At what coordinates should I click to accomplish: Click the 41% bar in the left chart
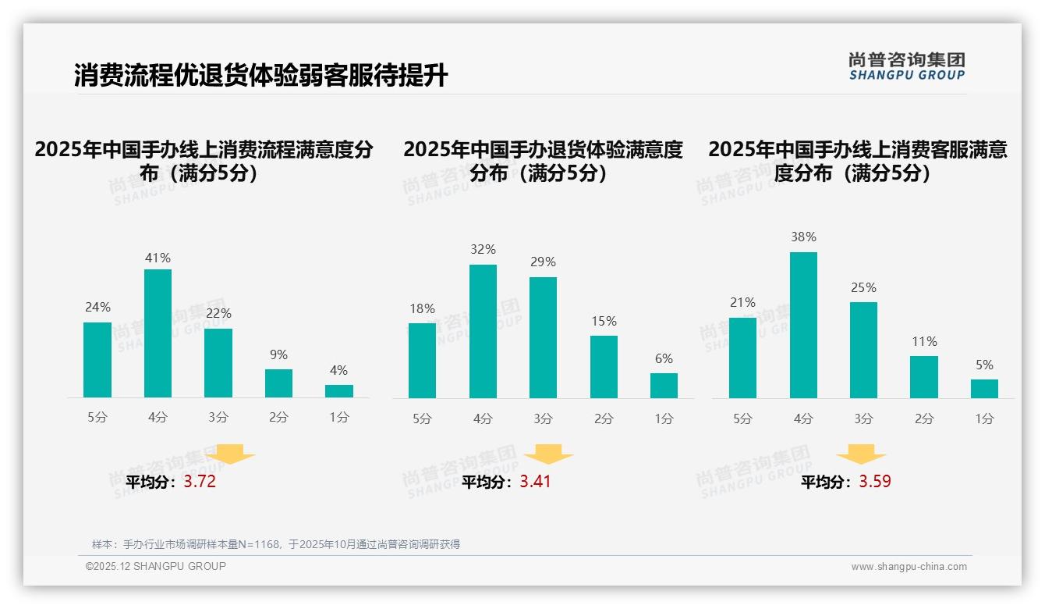coord(158,333)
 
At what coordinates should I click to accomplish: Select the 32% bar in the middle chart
coord(483,331)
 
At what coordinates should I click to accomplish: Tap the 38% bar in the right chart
coord(803,325)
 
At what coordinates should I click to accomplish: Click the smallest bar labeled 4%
coord(339,390)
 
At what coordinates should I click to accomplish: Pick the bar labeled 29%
coord(543,337)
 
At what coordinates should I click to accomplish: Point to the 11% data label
coord(924,341)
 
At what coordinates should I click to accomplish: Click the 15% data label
coord(604,321)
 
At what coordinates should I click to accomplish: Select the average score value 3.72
coord(200,482)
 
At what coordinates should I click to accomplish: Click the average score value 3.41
coord(535,482)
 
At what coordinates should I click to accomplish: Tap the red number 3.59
coord(875,482)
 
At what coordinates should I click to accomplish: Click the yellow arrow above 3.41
coord(549,454)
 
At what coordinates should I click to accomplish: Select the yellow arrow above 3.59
coord(861,454)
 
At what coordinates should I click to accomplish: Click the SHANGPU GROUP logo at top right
coord(906,66)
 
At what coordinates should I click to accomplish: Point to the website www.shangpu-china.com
coord(909,567)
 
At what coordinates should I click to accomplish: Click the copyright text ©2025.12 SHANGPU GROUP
coord(155,566)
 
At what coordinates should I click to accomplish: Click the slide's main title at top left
coord(260,75)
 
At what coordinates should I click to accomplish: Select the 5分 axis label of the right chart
coord(742,418)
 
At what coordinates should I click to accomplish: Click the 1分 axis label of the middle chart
coord(664,418)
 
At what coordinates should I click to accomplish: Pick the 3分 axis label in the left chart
coord(218,417)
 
